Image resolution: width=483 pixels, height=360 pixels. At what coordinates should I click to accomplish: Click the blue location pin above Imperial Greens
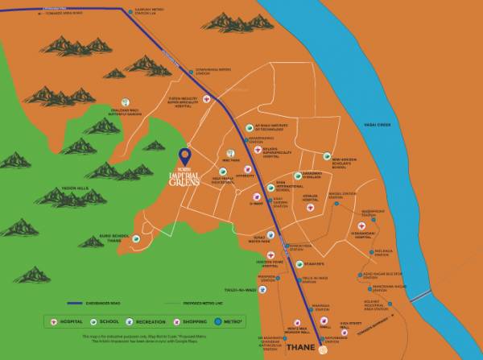pyautogui.click(x=185, y=155)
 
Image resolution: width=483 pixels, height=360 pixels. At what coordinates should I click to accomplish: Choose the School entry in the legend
pyautogui.click(x=103, y=320)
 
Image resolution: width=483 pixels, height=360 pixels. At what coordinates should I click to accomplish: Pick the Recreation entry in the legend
pyautogui.click(x=143, y=320)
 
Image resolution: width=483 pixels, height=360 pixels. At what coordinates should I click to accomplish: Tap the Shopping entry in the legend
pyautogui.click(x=194, y=320)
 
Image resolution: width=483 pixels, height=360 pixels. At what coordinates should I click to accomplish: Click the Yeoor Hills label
pyautogui.click(x=75, y=190)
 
